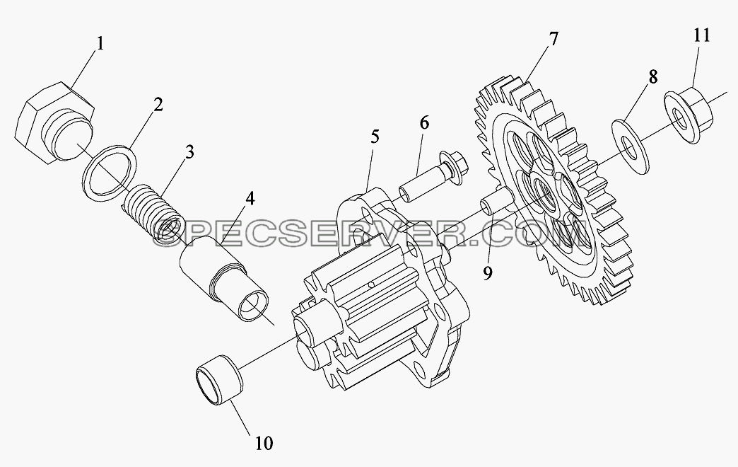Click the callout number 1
[99, 44]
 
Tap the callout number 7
[553, 38]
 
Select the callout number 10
[264, 444]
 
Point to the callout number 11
[701, 35]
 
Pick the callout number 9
[487, 272]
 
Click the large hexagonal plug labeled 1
[54, 122]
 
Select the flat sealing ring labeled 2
[109, 174]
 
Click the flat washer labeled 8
[630, 146]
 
